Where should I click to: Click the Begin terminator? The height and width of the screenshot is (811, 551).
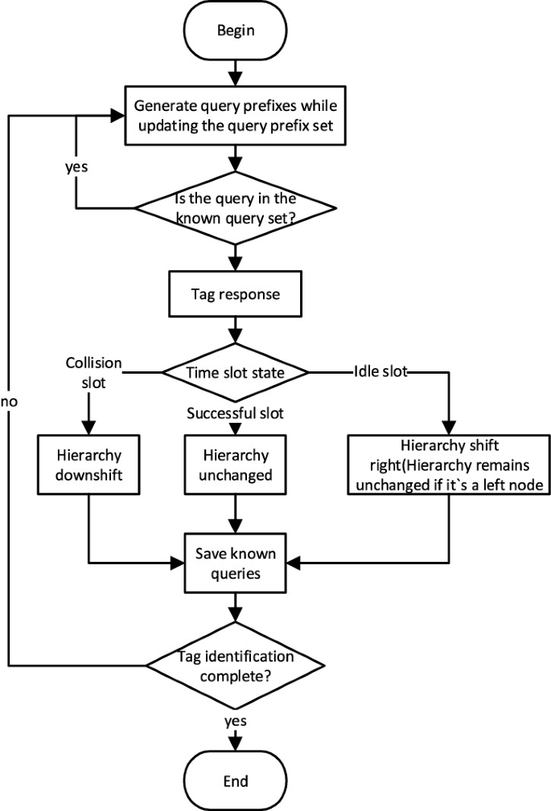tap(234, 31)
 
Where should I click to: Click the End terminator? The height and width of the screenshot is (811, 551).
tap(234, 780)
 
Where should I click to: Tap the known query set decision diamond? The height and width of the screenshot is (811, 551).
tap(234, 207)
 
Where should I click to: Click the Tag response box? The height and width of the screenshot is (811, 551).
tap(234, 294)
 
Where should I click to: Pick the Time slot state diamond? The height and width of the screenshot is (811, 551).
tap(234, 372)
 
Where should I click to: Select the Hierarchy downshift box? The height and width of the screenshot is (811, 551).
tap(89, 464)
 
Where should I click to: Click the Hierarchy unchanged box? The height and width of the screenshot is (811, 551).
tap(234, 464)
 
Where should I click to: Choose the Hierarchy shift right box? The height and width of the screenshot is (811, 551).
tap(449, 464)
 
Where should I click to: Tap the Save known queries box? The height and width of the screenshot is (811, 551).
tap(234, 563)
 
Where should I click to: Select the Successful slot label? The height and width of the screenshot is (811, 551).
tap(235, 414)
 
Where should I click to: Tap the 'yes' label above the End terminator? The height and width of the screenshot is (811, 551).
tap(235, 720)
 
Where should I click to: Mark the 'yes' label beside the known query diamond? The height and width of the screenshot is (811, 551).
tap(76, 170)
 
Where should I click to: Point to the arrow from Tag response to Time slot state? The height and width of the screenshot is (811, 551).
tap(234, 332)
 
